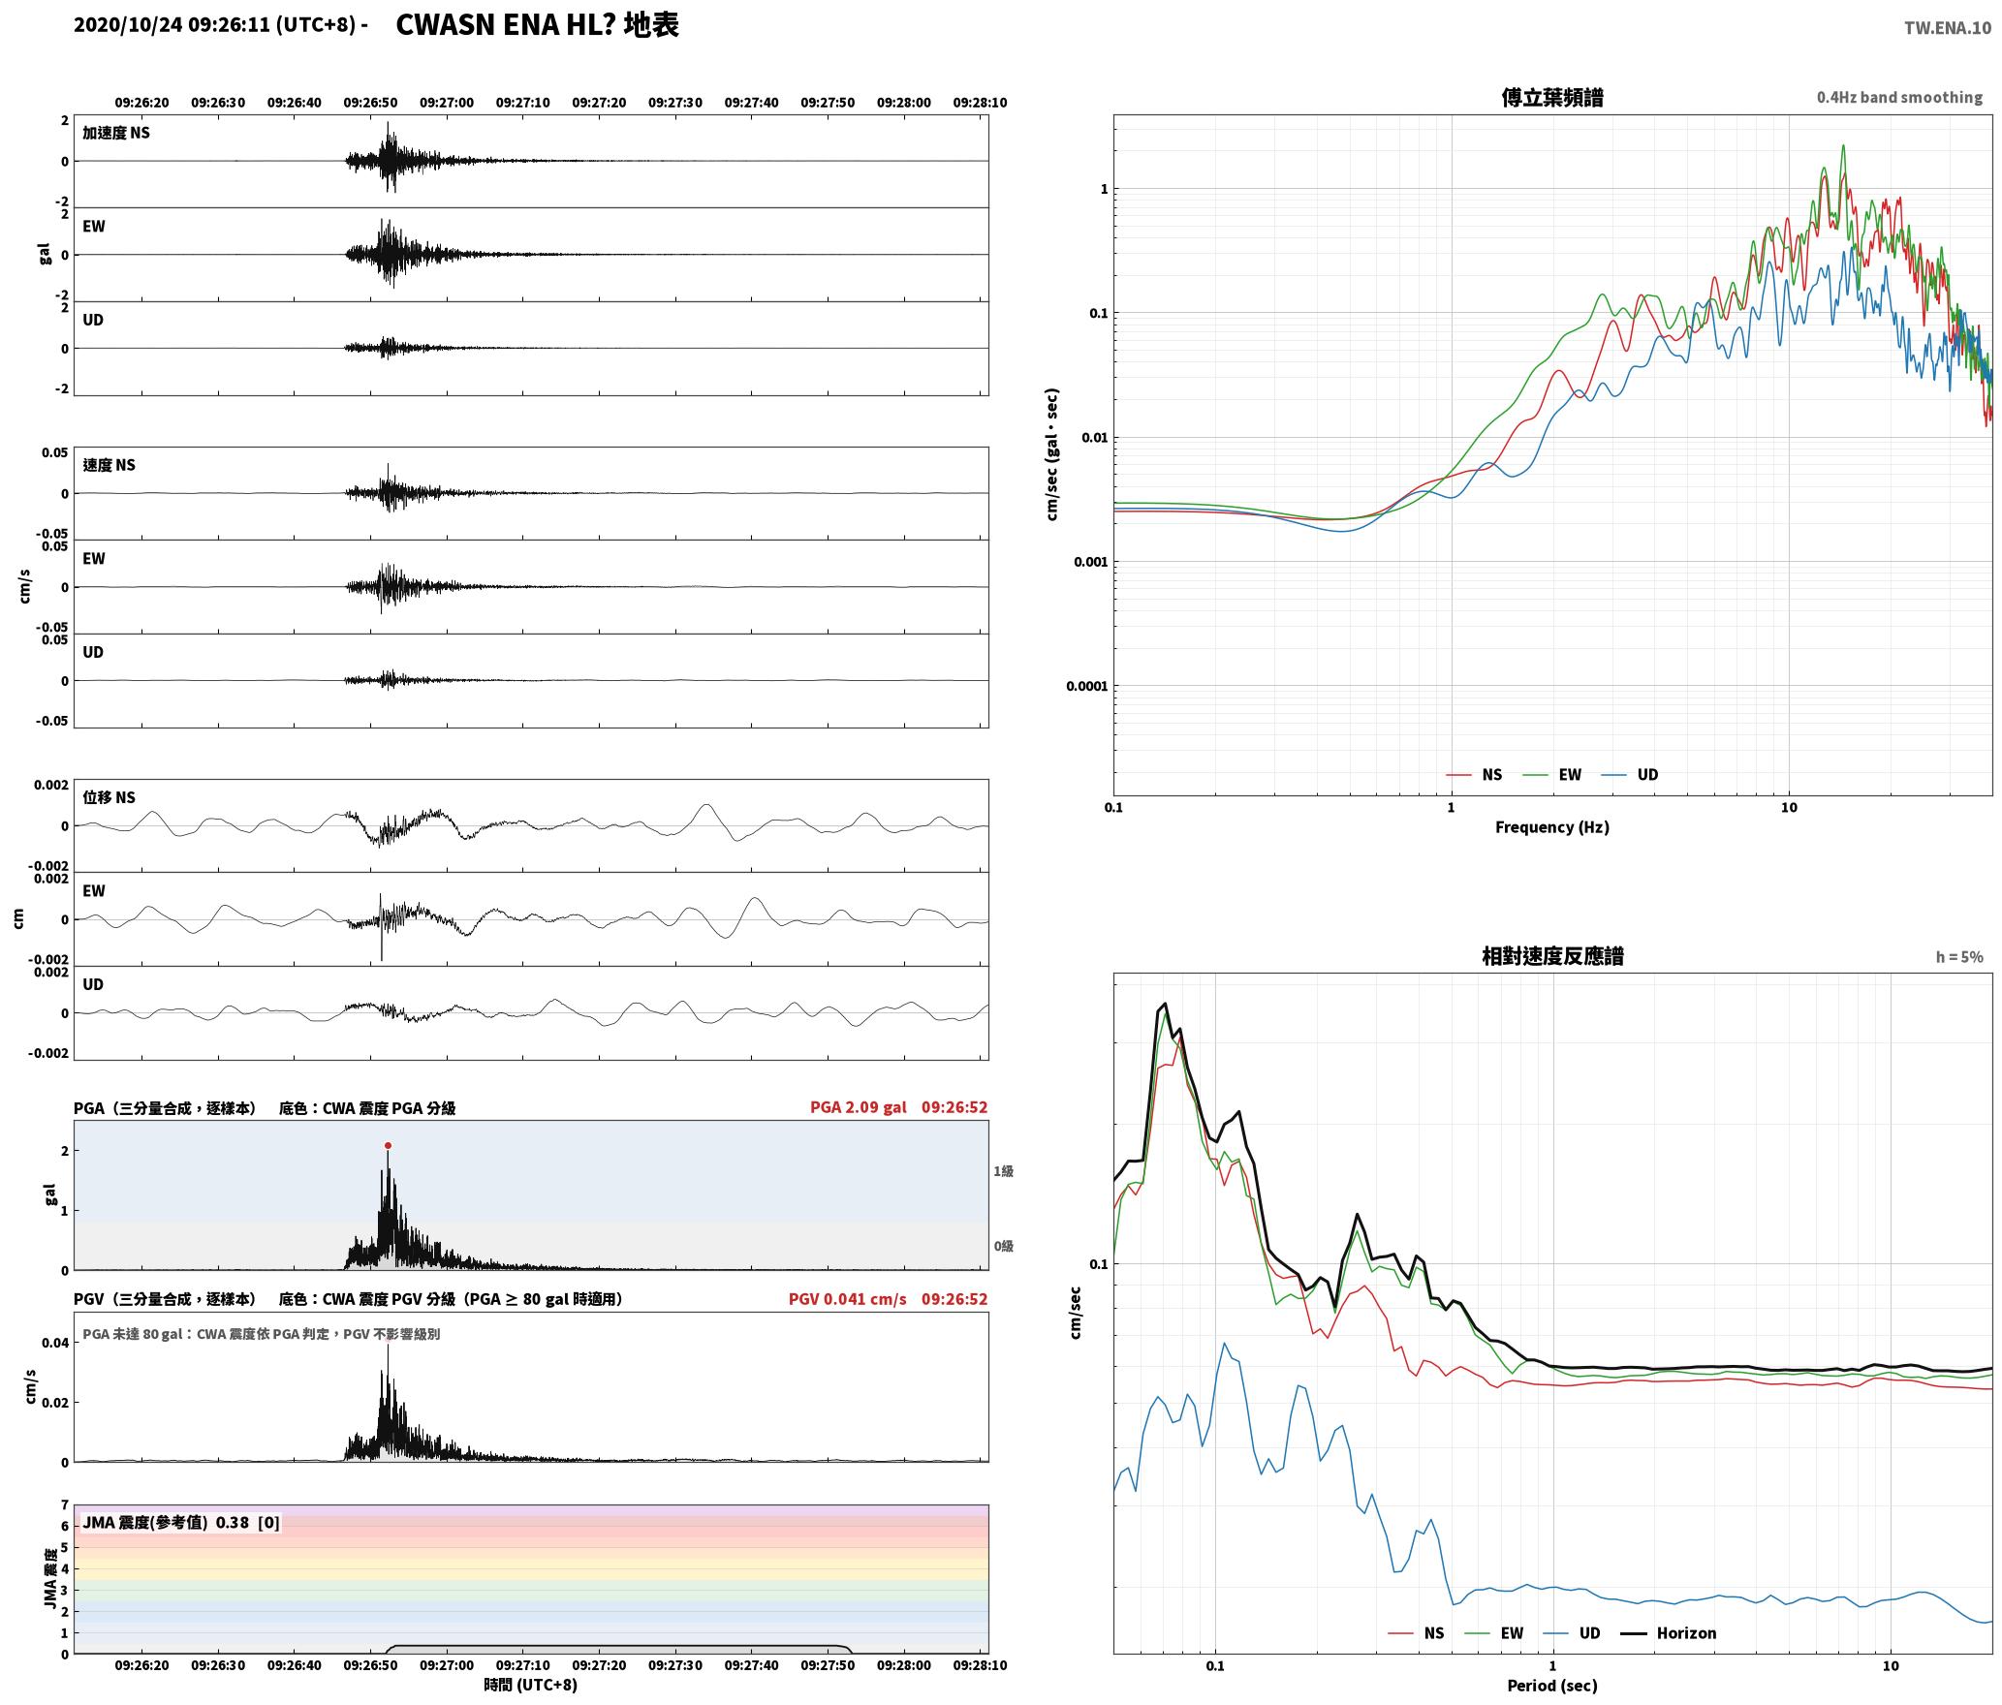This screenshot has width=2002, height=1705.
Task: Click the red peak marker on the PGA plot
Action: pos(388,1145)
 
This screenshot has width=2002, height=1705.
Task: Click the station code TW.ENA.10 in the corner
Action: pos(1948,28)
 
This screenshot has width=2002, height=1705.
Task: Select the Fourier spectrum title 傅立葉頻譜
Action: pos(1551,98)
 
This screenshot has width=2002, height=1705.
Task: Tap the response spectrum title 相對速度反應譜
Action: pos(1551,956)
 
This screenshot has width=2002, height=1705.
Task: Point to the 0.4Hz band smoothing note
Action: pos(1899,98)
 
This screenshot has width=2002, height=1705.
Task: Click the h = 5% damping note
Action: pos(1959,957)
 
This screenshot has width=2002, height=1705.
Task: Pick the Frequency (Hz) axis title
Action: pos(1551,827)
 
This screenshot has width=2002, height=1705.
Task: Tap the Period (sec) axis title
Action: pos(1551,1686)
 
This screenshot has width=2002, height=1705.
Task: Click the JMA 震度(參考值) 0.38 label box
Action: pos(181,1523)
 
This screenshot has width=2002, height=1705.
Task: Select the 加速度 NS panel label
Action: pos(116,133)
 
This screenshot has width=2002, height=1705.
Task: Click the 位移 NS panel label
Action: pos(109,797)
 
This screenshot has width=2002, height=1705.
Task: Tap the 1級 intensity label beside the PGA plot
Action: pos(1003,1171)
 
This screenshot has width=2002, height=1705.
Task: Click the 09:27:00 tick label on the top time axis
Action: pos(447,103)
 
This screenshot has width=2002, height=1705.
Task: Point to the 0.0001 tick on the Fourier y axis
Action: pos(1086,687)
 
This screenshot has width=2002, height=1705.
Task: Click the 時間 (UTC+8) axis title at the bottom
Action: pos(530,1685)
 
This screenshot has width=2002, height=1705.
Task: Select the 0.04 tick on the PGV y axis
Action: pos(55,1343)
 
